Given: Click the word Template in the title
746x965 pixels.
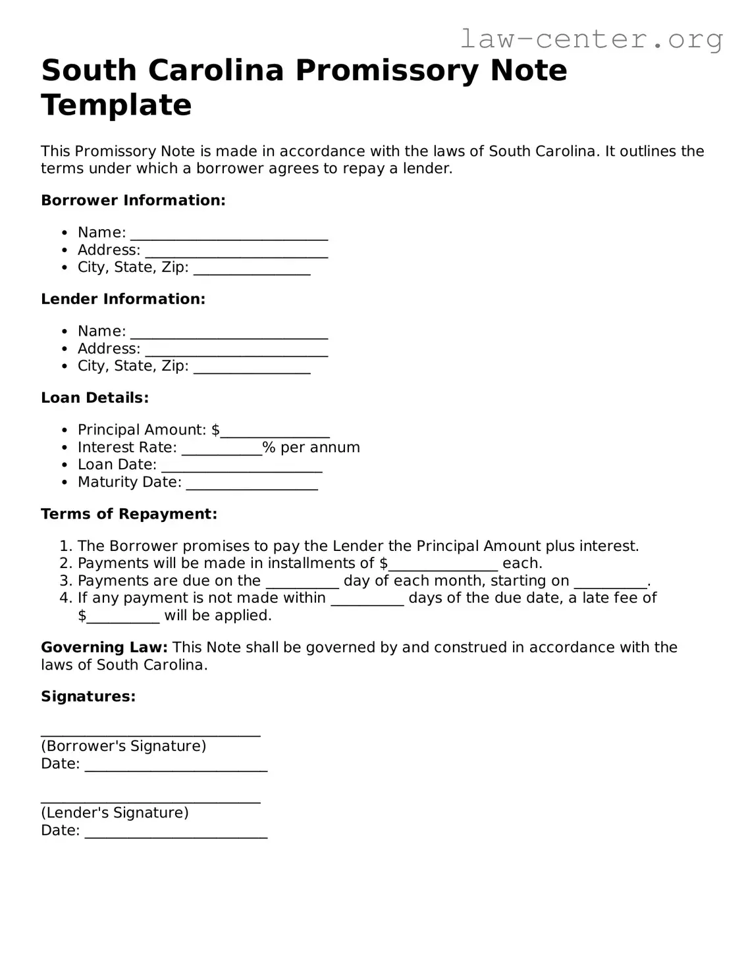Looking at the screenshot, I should tap(117, 105).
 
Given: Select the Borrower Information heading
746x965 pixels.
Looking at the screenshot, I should tap(133, 200).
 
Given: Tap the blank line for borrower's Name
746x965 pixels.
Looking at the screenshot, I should tap(228, 234).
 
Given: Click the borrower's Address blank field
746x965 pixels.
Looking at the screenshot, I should tap(236, 251).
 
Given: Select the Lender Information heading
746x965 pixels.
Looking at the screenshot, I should tap(123, 299).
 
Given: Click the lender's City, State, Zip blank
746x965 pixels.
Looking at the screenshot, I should tap(252, 367).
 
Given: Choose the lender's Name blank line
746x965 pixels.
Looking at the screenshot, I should tap(228, 333).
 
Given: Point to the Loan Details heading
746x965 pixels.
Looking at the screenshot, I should tap(95, 398).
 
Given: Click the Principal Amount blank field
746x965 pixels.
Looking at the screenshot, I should tap(275, 432).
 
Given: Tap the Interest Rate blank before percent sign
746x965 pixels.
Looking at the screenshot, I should tap(221, 449).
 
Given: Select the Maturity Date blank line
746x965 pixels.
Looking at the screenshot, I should tap(252, 484).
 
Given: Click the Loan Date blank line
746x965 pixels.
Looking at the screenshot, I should tap(242, 466).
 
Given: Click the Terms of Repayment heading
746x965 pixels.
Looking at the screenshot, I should tap(129, 514).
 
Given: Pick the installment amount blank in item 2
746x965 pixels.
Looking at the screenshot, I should tap(442, 565).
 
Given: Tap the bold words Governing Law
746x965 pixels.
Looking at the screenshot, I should tap(104, 647).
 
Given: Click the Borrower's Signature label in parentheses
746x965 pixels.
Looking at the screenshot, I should tap(124, 746).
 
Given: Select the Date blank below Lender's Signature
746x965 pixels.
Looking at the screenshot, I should tap(176, 832).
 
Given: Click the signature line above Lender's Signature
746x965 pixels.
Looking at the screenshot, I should tap(150, 798).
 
